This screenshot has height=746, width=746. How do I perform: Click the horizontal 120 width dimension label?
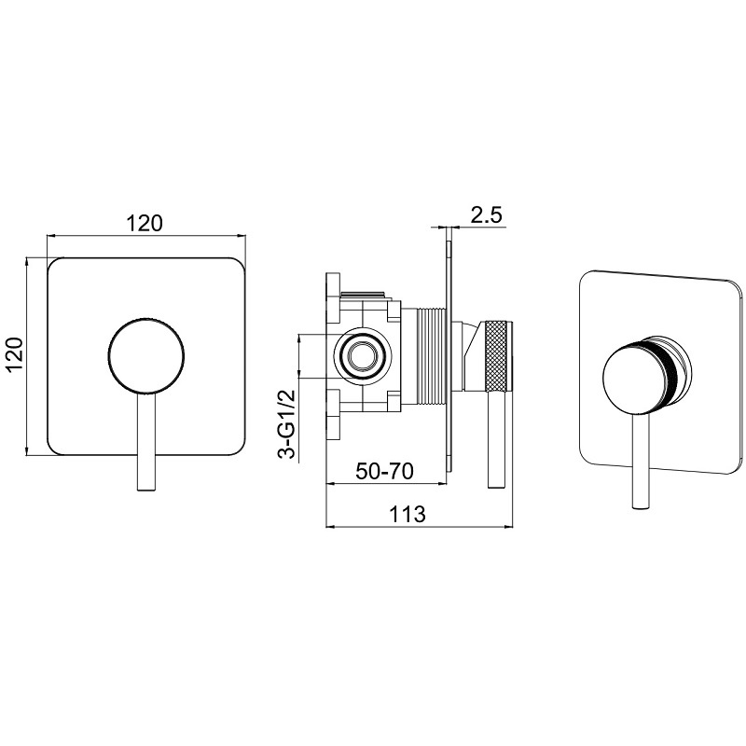click(145, 223)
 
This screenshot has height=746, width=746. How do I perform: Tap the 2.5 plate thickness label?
click(486, 215)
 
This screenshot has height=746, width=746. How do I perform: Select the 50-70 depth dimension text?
click(384, 471)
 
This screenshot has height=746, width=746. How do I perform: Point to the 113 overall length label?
click(407, 514)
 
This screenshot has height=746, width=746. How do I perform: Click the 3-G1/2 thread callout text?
click(288, 424)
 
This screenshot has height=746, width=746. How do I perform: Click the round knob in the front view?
click(146, 356)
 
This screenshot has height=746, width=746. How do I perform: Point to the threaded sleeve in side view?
click(431, 356)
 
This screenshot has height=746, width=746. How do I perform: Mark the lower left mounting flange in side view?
click(333, 413)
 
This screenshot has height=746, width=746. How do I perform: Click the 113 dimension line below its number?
click(420, 527)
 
